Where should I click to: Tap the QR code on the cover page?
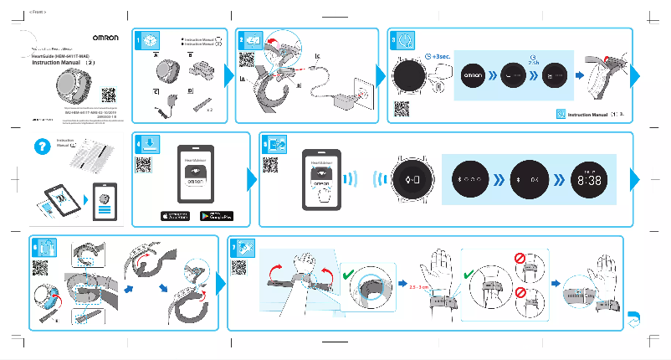pyautogui.click(x=108, y=94)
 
